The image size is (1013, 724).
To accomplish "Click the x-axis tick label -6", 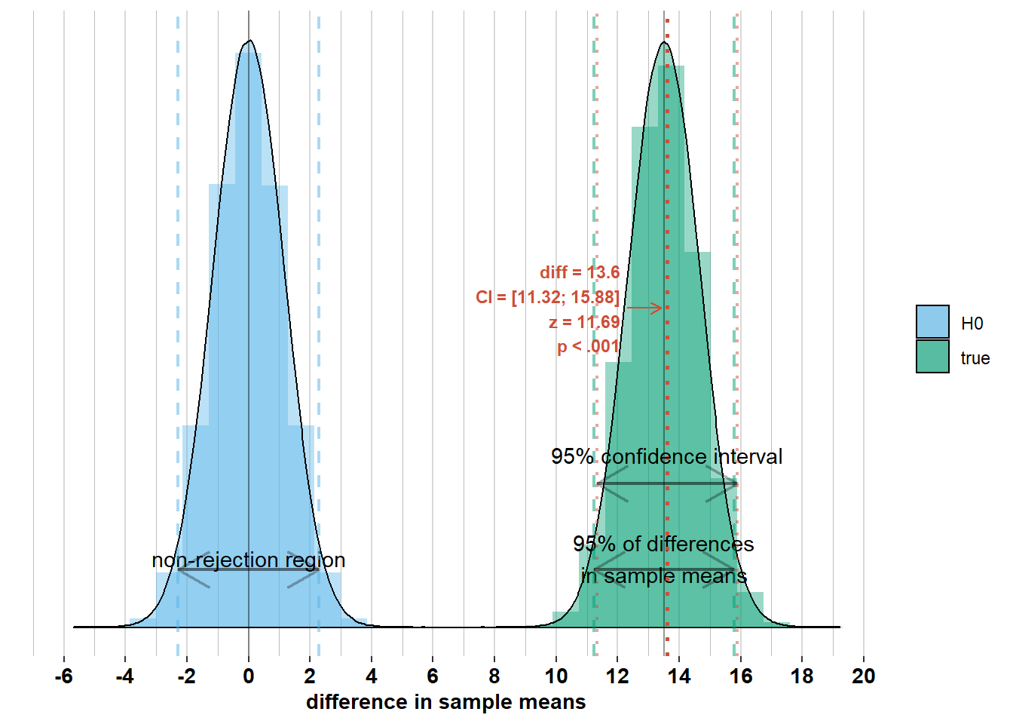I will coord(63,676).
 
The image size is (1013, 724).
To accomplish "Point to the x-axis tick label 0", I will coord(249,676).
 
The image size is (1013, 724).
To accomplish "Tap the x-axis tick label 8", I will coord(494,676).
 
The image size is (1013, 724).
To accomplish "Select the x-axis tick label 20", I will coord(863,676).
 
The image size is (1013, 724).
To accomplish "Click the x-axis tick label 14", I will coord(679,676).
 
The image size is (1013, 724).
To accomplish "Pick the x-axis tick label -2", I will coord(186,676).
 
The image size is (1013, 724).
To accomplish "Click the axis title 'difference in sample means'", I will coord(445,702).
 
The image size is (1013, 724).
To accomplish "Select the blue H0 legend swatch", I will coord(932,322).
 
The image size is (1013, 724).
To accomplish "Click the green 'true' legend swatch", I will coord(932,357).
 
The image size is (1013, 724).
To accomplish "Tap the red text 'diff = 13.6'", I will coord(580,272).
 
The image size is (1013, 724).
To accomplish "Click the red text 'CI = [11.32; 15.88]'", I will coord(547,297).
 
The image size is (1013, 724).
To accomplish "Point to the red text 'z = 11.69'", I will coord(584,323).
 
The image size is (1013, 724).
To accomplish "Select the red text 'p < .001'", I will coord(588,347).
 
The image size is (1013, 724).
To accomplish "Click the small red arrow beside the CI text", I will coord(644,308).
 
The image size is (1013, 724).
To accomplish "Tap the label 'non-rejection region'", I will coord(249,560).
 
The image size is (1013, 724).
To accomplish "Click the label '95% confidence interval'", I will coord(666,457).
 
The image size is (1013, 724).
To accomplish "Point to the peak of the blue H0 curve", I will coord(249,41).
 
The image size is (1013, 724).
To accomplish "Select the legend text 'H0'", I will coord(972,324).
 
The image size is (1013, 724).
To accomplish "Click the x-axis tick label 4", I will coord(372,676).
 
